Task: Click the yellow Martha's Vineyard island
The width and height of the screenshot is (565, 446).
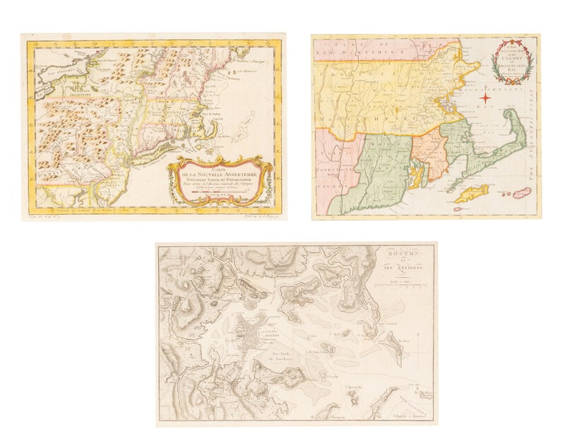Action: [x=470, y=193]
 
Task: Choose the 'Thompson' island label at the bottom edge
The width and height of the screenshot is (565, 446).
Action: [x=321, y=418]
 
